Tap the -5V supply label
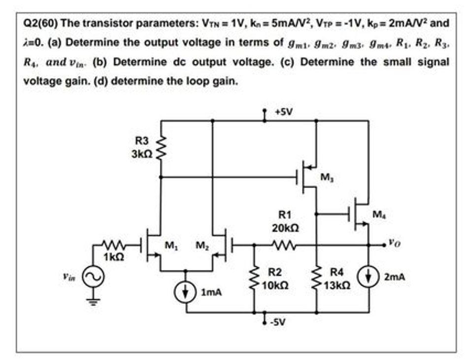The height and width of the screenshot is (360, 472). pyautogui.click(x=279, y=323)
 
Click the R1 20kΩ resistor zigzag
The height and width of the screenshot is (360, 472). pyautogui.click(x=284, y=244)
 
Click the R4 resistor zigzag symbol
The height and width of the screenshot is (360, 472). pyautogui.click(x=316, y=279)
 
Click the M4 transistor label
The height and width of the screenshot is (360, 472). pyautogui.click(x=377, y=215)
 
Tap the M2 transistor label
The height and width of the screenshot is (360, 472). pyautogui.click(x=202, y=245)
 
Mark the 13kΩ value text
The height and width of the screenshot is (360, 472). pyautogui.click(x=339, y=285)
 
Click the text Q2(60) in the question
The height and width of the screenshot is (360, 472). pyautogui.click(x=41, y=23)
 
